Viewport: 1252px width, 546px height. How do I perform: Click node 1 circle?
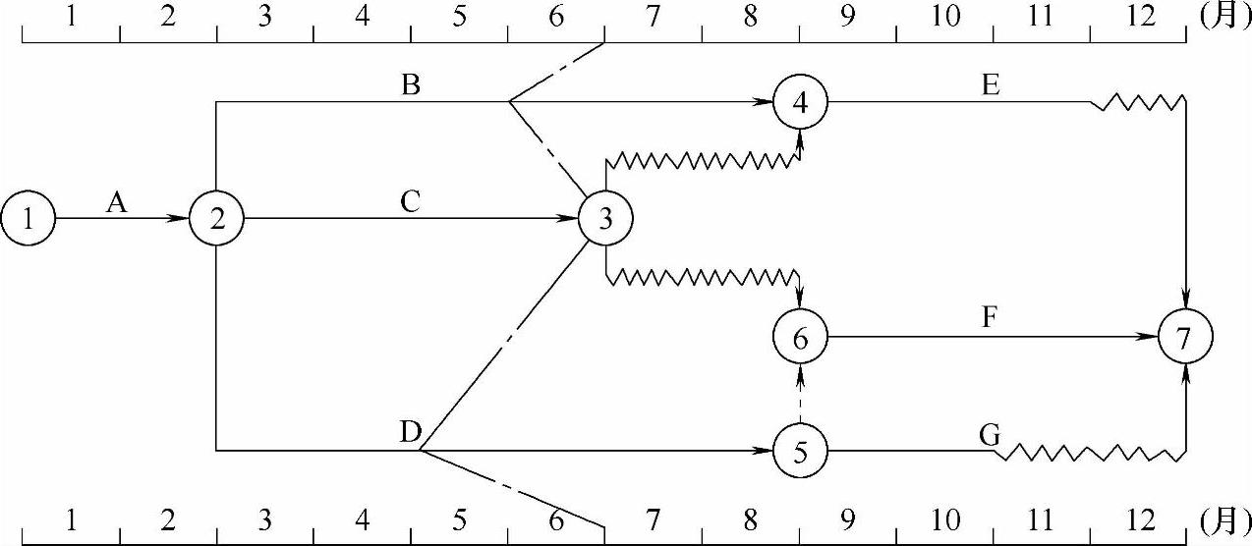pyautogui.click(x=28, y=219)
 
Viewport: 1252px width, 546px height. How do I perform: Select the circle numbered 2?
pyautogui.click(x=217, y=219)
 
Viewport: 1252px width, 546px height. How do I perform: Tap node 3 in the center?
pyautogui.click(x=605, y=219)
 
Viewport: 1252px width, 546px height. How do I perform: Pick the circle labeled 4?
pyautogui.click(x=800, y=102)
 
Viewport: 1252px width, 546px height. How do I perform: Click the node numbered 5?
pyautogui.click(x=800, y=452)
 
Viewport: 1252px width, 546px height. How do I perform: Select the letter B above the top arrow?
pyautogui.click(x=411, y=85)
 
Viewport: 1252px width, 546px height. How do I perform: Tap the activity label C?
pyautogui.click(x=411, y=201)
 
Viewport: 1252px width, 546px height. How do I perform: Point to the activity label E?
pyautogui.click(x=990, y=85)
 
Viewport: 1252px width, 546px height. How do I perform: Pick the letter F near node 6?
pyautogui.click(x=990, y=320)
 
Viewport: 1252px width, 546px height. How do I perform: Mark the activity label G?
pyautogui.click(x=990, y=433)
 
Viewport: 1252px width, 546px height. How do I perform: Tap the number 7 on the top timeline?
pyautogui.click(x=654, y=18)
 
